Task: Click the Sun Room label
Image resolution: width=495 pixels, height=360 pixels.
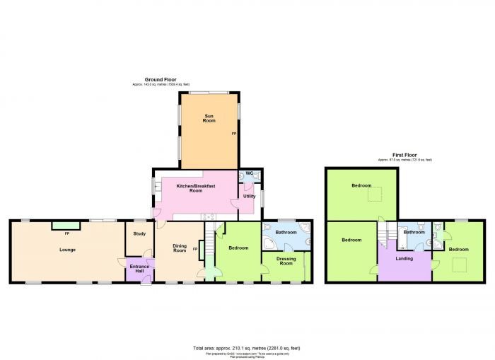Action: pos(209,119)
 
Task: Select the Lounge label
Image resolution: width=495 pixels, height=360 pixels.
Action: pos(67,250)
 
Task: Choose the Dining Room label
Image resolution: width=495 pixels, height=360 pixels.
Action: pos(180,248)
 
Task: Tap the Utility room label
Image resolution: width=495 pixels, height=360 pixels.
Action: pos(249,196)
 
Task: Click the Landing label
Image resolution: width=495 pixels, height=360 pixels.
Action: pos(404,258)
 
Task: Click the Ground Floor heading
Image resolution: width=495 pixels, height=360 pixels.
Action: pos(161,80)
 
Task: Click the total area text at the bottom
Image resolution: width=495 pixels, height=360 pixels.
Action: pos(246,348)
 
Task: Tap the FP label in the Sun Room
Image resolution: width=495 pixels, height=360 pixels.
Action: pos(234,133)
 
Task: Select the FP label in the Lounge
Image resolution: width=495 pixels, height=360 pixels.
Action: pos(67,233)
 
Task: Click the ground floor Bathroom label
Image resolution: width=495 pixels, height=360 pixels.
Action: pos(286,232)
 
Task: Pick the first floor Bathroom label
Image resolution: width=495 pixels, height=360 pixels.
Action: pos(414,232)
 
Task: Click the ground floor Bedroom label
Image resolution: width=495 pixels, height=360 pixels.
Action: pos(238,248)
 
